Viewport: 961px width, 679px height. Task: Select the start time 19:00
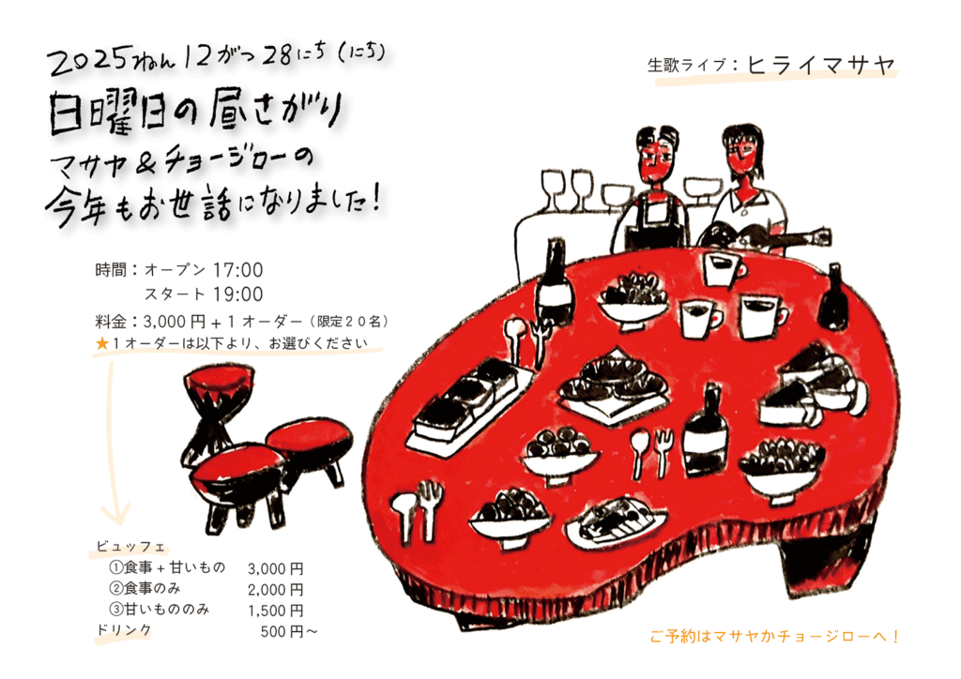pyautogui.click(x=237, y=294)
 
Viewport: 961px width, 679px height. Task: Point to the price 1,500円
pyautogui.click(x=275, y=611)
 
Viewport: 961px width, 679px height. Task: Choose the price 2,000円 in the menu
pyautogui.click(x=275, y=589)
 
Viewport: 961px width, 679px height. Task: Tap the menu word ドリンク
pyautogui.click(x=124, y=631)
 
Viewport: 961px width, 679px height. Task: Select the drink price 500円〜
pyautogui.click(x=289, y=632)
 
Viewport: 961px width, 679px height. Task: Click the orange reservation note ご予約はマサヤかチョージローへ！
pyautogui.click(x=775, y=637)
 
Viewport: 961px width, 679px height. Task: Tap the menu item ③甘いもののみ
pyautogui.click(x=160, y=611)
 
